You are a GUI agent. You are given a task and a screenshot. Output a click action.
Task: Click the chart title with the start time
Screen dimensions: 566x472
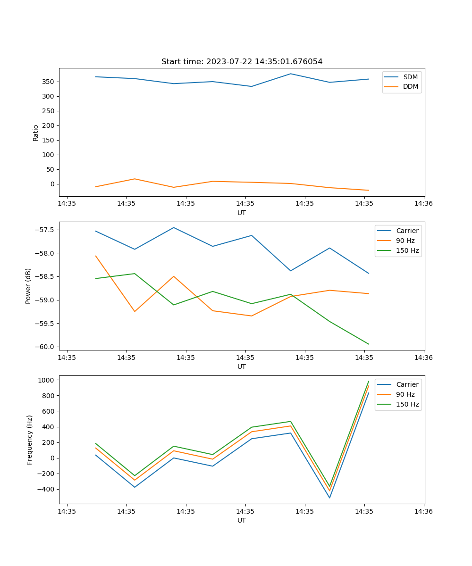(242, 62)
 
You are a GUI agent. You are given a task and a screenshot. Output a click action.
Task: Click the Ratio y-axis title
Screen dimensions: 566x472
(36, 133)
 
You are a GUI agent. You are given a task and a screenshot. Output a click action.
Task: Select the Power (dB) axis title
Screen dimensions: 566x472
(28, 286)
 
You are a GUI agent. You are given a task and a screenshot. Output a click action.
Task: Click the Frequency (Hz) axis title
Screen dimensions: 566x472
(30, 440)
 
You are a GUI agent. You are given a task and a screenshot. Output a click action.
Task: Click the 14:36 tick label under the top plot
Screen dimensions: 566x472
(423, 204)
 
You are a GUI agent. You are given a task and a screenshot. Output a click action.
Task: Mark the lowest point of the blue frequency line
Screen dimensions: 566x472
(329, 498)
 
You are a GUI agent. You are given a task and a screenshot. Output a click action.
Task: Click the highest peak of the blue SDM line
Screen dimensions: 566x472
(290, 74)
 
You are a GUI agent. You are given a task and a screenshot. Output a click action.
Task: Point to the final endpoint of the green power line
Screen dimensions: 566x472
(369, 344)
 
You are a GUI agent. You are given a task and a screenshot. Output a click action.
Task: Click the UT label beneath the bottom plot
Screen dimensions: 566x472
(242, 520)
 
